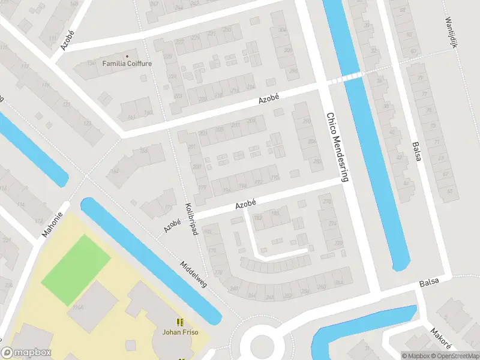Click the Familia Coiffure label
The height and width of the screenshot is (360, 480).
click(x=127, y=64)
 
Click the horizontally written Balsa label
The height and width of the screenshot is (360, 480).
click(x=429, y=281)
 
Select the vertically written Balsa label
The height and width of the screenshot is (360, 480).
click(x=416, y=152)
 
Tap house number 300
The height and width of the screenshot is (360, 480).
click(x=288, y=50)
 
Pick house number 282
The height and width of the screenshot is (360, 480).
click(x=317, y=161)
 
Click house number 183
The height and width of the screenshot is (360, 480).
click(x=259, y=218)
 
